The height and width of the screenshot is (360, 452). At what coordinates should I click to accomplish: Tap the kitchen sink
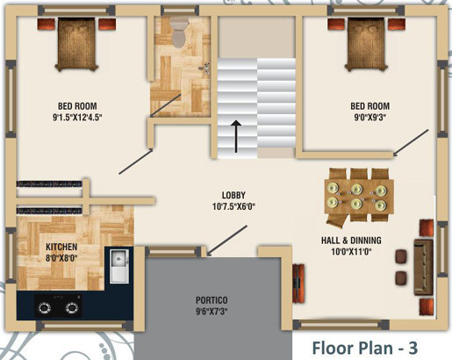[119, 262]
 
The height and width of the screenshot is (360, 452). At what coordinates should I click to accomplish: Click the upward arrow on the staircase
[235, 136]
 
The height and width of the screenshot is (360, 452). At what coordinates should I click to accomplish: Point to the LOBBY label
[233, 195]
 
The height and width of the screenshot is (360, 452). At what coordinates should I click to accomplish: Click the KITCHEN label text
[61, 248]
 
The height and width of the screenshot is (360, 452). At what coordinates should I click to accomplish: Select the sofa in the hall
[424, 256]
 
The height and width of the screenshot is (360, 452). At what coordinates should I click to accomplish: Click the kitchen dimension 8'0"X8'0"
[61, 258]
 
